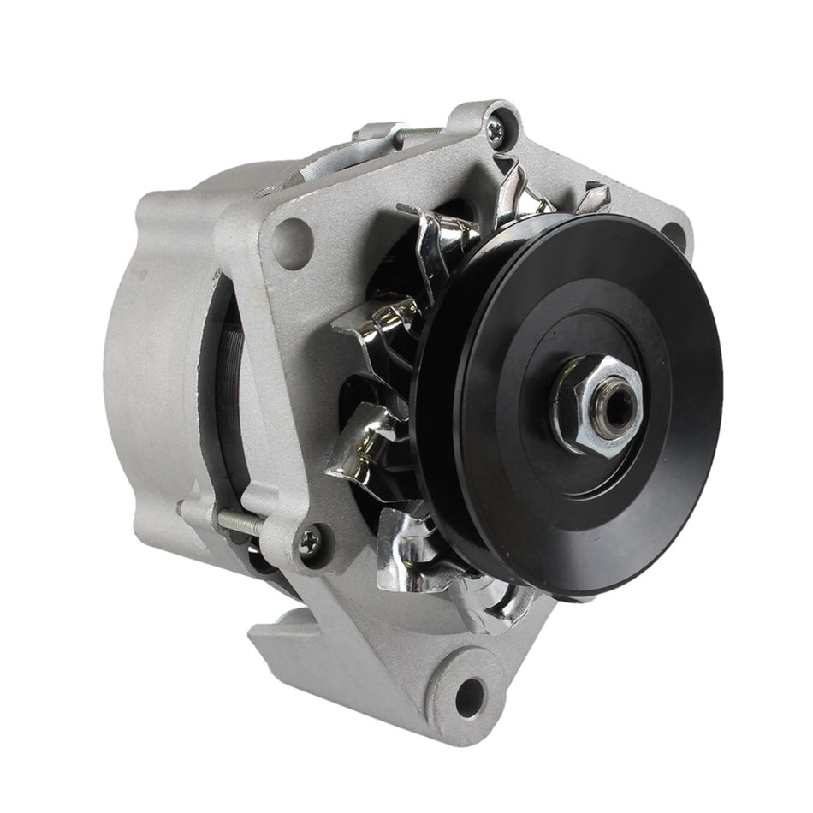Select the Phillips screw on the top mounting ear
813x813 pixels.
point(496,129)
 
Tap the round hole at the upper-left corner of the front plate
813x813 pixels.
point(293,232)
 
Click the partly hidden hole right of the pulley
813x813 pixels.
point(676,233)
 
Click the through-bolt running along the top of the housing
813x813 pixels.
point(419,135)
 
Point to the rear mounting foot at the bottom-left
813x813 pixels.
point(291,650)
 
